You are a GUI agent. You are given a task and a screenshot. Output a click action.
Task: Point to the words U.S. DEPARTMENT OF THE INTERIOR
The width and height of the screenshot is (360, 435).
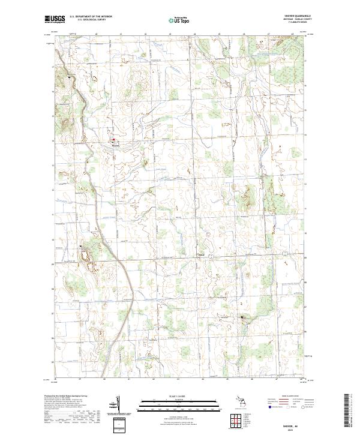(x=91, y=16)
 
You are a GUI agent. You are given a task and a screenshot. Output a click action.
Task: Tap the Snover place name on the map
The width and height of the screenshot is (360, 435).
(x=116, y=145)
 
